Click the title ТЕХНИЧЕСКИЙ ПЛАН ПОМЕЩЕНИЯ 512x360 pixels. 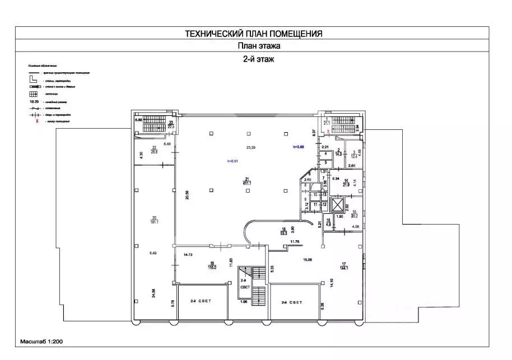(253, 34)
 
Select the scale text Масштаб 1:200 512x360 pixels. (43, 340)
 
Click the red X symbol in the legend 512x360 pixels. (36, 120)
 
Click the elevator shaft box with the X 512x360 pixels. (338, 204)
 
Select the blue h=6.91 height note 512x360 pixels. (232, 161)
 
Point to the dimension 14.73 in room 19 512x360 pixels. (188, 254)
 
